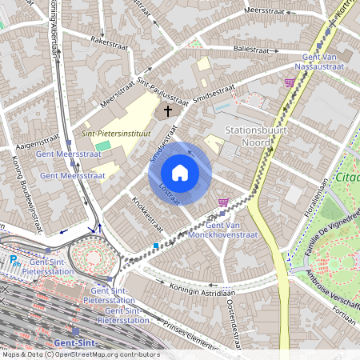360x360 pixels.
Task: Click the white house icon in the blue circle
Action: point(180,172)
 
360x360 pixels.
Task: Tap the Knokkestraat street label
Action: point(146,215)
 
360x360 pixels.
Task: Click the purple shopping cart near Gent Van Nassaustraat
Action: point(289,82)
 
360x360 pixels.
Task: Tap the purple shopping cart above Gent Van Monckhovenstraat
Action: point(223,202)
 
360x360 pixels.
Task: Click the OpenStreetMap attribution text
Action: point(80,354)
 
